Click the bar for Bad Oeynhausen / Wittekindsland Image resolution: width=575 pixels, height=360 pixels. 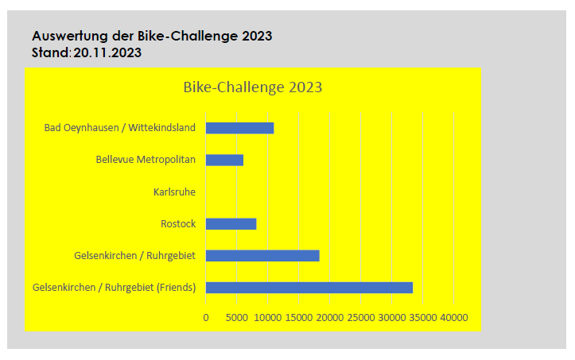239,128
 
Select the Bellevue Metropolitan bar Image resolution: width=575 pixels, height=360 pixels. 224,160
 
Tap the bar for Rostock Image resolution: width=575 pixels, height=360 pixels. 231,224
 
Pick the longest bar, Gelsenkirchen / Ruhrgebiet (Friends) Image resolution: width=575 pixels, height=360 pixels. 309,288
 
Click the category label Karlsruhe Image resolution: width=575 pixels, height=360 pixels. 174,192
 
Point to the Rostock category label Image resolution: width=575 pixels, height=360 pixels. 178,224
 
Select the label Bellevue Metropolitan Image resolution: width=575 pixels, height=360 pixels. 146,160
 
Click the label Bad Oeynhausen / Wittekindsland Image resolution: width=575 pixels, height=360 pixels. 119,128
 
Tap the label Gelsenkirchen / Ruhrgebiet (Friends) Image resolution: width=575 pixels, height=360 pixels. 114,288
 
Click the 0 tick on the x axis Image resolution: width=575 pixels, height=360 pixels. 206,317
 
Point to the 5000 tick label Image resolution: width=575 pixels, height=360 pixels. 237,317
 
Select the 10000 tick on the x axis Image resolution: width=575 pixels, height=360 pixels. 268,317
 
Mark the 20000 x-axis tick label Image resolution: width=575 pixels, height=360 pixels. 330,317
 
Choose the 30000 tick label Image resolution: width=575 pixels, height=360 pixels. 392,317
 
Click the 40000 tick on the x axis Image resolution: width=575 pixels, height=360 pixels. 454,317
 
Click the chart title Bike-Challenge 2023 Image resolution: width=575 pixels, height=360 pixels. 252,87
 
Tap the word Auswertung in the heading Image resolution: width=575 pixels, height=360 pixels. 68,37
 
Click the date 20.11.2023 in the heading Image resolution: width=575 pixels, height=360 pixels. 107,53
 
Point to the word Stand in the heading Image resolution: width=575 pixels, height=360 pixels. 50,53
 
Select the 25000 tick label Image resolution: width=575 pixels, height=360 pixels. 361,317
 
